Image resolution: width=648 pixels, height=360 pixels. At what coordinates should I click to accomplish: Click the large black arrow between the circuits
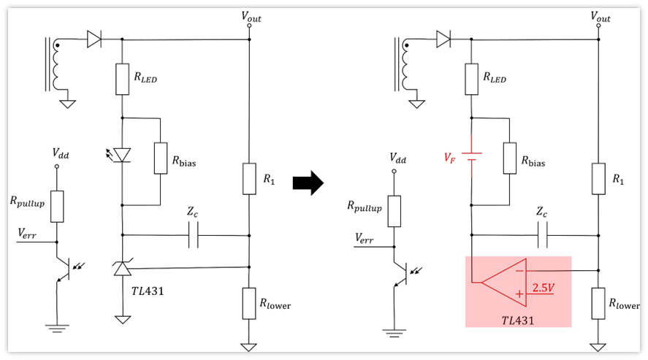click(x=308, y=183)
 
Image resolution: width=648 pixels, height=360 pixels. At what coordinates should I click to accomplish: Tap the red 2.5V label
click(x=543, y=287)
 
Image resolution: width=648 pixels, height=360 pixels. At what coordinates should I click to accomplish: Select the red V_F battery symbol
click(x=471, y=156)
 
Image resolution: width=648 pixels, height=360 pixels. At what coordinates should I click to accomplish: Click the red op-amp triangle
click(x=504, y=283)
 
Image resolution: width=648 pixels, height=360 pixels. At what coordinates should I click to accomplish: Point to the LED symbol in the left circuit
click(x=122, y=156)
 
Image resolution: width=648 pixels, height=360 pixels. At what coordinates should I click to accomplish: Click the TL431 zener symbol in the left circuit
click(x=122, y=268)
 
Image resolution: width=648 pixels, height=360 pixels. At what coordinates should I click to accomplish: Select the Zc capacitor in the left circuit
click(x=194, y=235)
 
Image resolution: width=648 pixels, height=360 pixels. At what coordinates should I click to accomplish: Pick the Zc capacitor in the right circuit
click(x=543, y=235)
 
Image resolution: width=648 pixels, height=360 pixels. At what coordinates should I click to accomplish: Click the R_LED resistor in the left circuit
click(x=122, y=80)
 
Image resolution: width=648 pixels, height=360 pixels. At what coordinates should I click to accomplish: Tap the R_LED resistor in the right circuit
click(x=471, y=80)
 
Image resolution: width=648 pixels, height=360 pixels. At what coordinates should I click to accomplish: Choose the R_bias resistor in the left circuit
click(x=160, y=158)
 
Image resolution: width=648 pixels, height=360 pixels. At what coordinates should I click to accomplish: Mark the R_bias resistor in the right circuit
click(x=509, y=158)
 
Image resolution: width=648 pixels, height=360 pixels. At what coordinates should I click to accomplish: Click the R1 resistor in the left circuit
click(x=249, y=179)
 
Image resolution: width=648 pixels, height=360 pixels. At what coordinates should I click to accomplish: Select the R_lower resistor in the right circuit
click(x=598, y=304)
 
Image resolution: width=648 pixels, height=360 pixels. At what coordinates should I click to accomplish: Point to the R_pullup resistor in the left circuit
click(x=57, y=207)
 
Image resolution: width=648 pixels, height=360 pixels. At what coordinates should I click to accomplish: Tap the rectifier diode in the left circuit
click(x=94, y=39)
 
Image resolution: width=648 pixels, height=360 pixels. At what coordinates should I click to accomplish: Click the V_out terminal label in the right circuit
click(x=600, y=17)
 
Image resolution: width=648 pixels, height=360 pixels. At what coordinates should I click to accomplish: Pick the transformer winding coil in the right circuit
click(x=404, y=65)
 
